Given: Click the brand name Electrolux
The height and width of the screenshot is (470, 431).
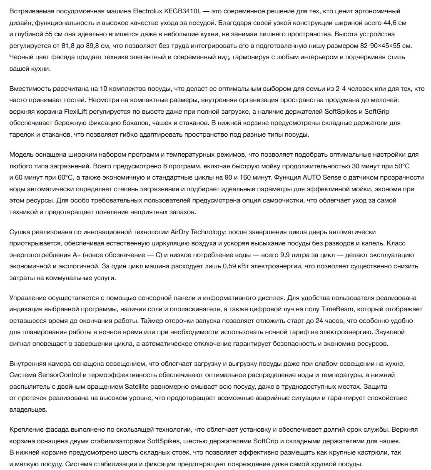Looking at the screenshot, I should tap(152, 10).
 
